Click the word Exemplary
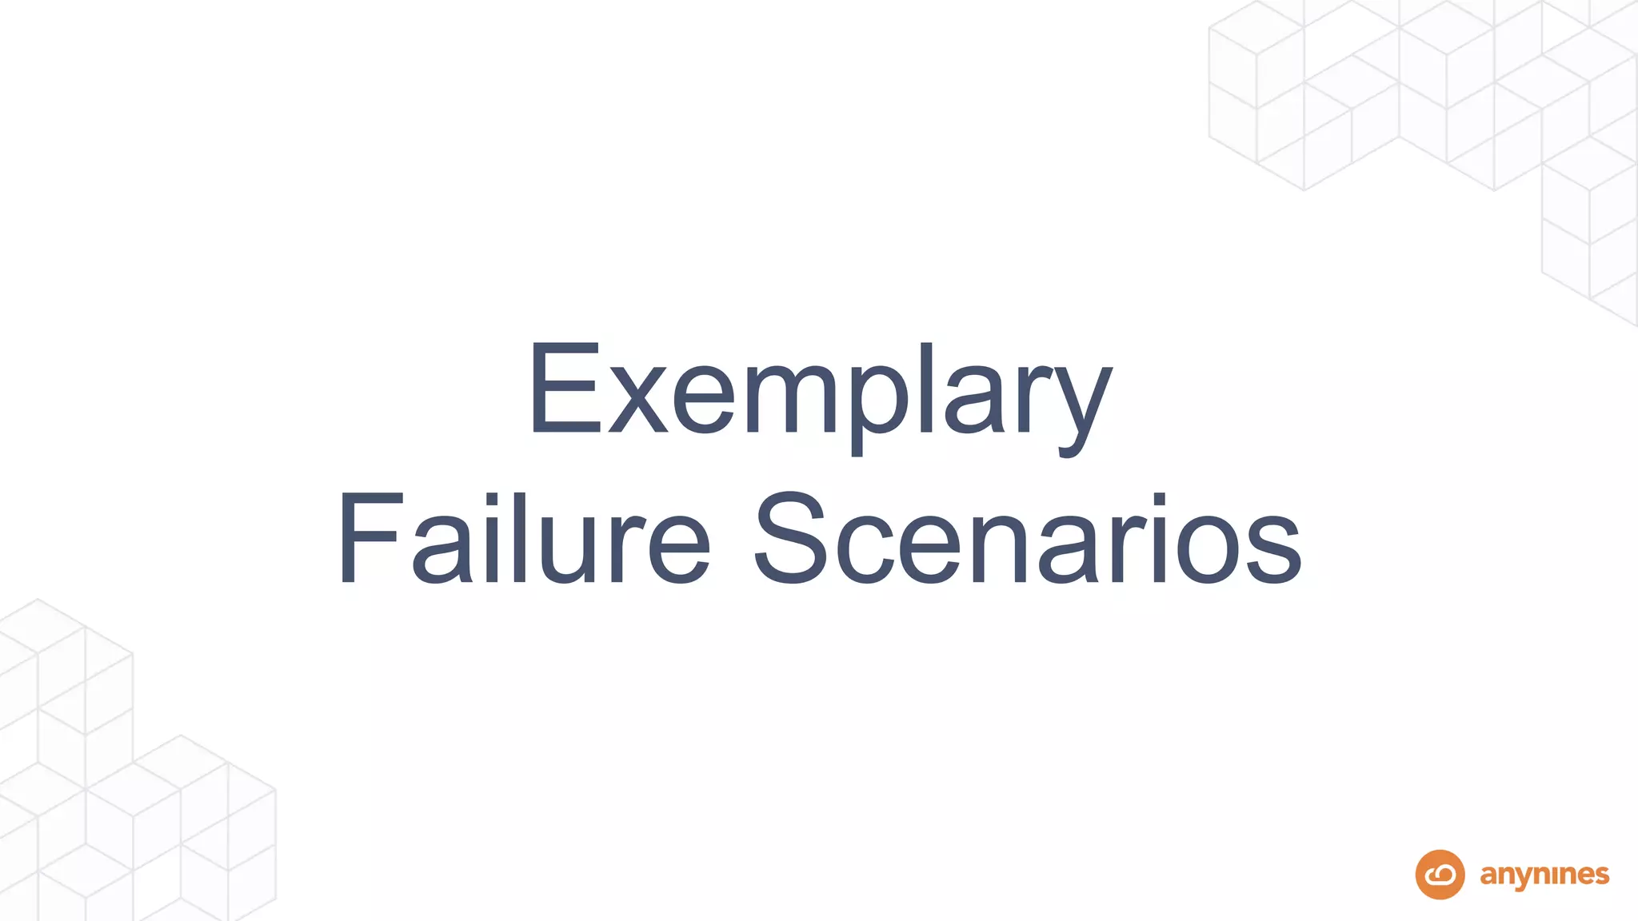pos(819,392)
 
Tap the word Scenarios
pos(1028,540)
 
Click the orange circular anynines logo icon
pos(1440,875)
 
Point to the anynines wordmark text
pos(1544,875)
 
